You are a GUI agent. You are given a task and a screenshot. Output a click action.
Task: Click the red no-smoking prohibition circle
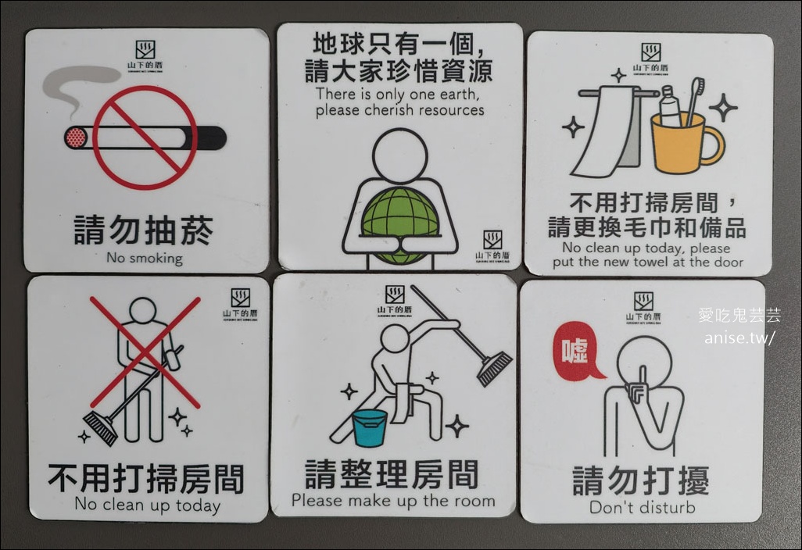tap(145, 137)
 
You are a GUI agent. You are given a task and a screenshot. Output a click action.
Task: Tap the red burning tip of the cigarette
tap(76, 138)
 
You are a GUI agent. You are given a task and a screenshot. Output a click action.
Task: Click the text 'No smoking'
tap(144, 258)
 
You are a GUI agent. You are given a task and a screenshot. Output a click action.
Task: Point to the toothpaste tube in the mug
tap(670, 105)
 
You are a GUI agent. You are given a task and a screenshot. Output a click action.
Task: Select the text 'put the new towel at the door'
tap(648, 262)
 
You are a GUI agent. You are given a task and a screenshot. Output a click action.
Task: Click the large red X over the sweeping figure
tap(145, 352)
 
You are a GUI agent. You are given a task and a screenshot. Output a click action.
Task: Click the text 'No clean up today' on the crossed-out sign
tap(147, 505)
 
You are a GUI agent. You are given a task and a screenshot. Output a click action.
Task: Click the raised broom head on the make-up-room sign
tap(495, 367)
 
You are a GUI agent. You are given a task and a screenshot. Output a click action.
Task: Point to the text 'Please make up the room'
tap(393, 501)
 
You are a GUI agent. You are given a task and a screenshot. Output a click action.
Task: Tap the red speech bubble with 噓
tap(576, 351)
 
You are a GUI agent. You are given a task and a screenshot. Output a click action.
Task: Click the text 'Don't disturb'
tap(642, 507)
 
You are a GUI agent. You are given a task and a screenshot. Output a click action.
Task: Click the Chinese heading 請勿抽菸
tap(144, 230)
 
